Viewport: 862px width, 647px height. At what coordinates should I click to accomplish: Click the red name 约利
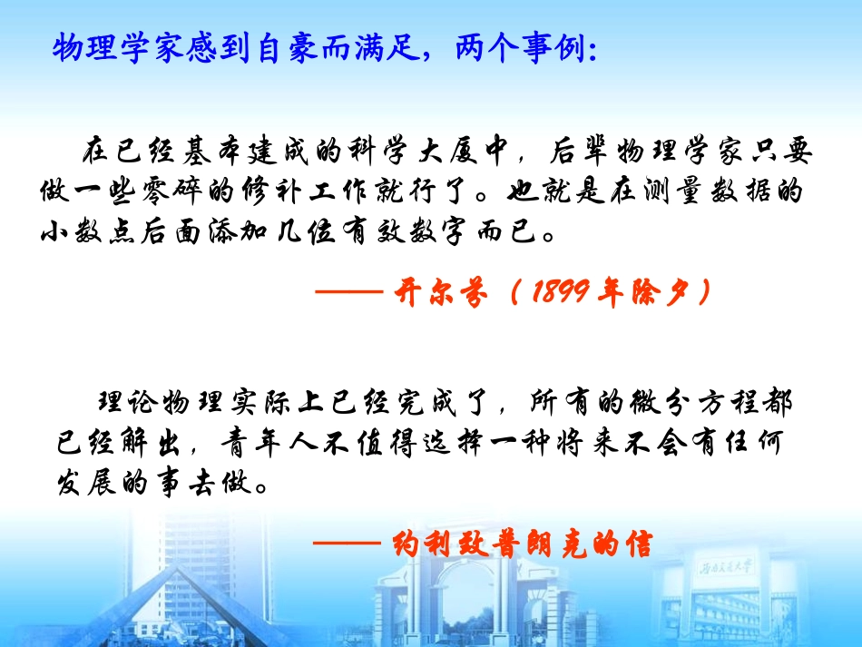tap(426, 544)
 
